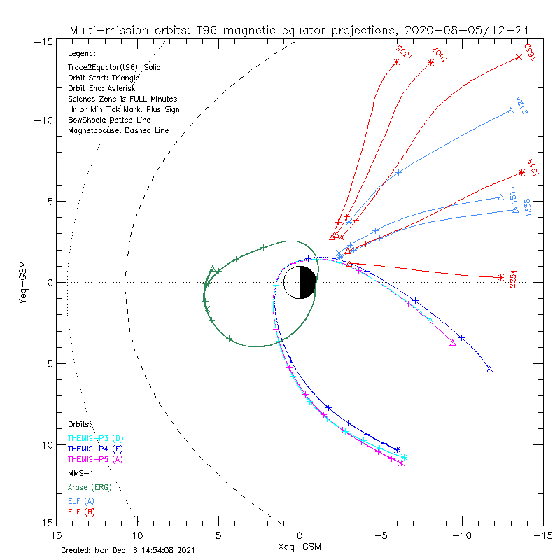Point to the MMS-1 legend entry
[80, 473]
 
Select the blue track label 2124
[518, 104]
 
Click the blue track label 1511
[512, 194]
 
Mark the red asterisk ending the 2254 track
[500, 278]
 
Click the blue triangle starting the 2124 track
[510, 111]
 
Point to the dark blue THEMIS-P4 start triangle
[489, 370]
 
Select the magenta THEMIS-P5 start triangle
[453, 343]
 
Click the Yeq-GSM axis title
[23, 282]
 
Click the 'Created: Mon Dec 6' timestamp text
[127, 550]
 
